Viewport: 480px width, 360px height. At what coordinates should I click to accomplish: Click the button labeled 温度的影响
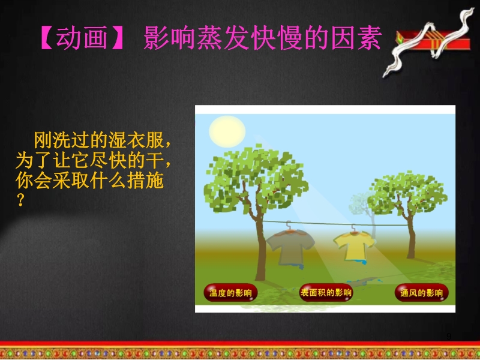[230, 293]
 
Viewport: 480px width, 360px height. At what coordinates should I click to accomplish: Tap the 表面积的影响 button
[326, 292]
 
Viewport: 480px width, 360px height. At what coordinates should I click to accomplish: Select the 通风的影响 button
[421, 293]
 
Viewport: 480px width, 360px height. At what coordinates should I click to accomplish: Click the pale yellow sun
[227, 131]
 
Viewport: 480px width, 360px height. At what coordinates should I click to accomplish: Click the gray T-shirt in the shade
[290, 247]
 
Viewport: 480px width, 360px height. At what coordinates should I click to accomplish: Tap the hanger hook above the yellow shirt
[353, 228]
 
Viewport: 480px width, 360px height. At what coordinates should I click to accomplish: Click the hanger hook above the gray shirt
[288, 226]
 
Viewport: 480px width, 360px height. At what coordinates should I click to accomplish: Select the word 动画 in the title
[82, 38]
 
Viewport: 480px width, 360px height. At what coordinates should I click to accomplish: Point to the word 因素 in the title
[356, 38]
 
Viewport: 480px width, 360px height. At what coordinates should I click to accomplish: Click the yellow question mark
[20, 200]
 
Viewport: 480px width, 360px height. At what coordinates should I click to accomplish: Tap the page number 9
[449, 336]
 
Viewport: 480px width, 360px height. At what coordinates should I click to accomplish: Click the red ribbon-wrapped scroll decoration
[429, 41]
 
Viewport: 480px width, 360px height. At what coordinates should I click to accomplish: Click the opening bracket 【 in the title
[47, 38]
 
